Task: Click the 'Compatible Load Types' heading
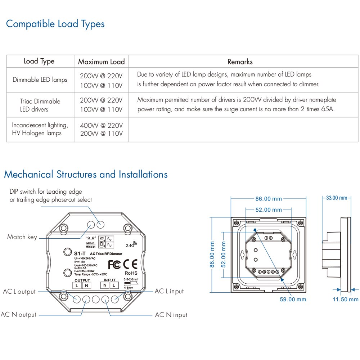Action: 55,24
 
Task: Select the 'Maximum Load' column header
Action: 101,62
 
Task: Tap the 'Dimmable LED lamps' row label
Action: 40,80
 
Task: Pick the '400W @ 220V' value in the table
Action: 101,126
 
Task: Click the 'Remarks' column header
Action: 240,62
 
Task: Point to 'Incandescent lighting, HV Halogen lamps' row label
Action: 40,129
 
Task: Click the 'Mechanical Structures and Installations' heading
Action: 86,175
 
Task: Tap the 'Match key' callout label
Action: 22,237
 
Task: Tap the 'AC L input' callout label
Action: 169,291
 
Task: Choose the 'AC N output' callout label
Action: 19,315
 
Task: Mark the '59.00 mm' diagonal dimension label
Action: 293,299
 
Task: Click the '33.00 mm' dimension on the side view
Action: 336,198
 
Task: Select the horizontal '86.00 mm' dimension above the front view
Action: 268,199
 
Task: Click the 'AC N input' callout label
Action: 171,315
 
